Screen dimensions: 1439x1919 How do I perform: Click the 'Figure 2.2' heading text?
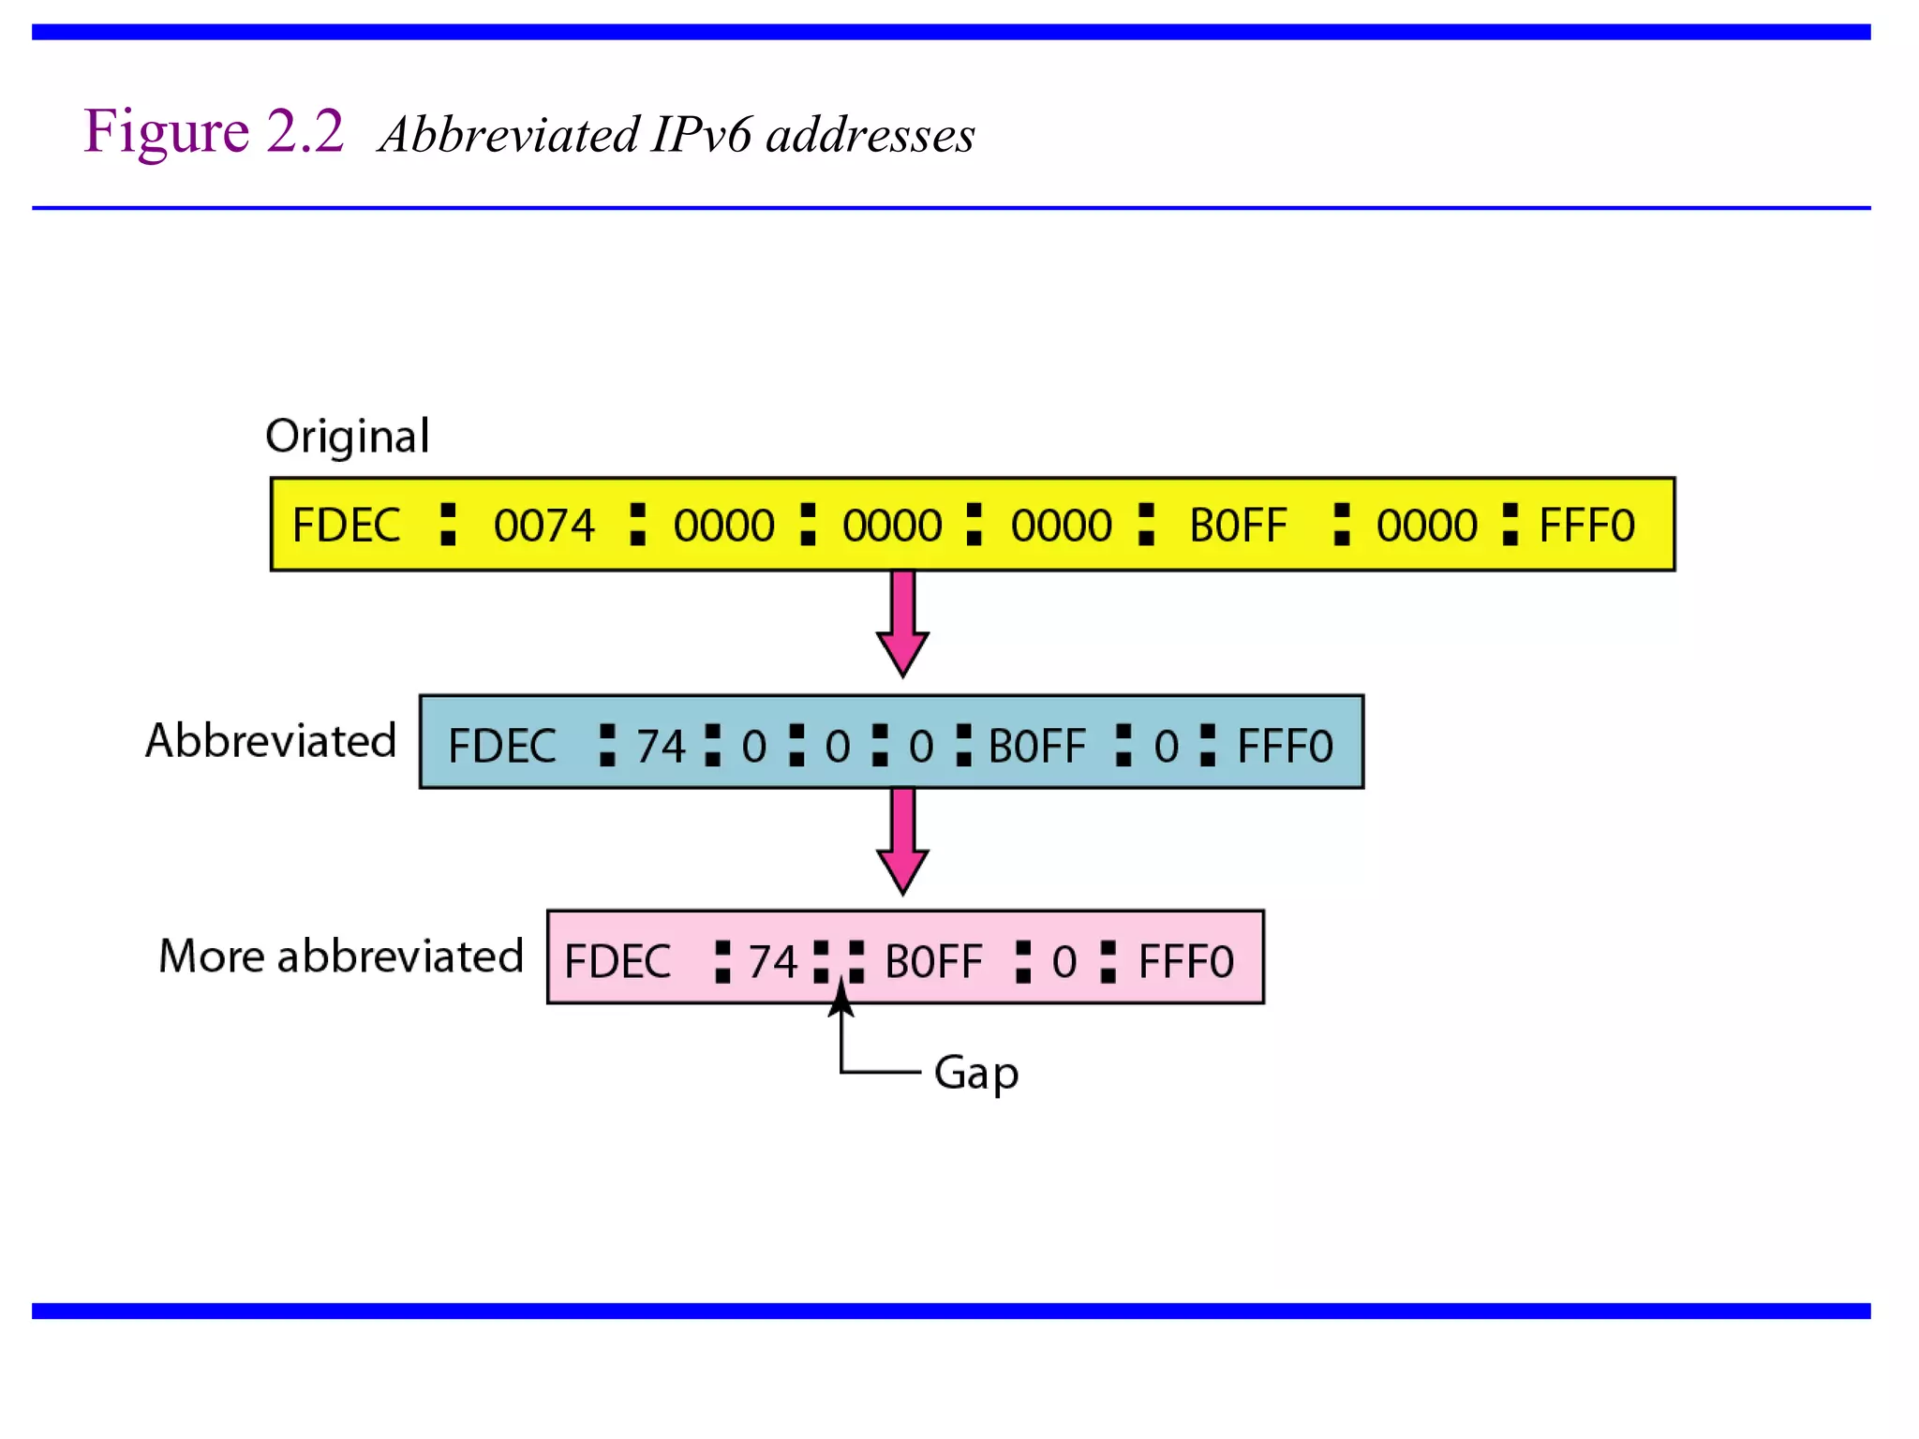[214, 131]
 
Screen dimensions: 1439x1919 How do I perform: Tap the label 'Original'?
[347, 437]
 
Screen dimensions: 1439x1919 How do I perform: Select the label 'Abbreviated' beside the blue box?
[271, 741]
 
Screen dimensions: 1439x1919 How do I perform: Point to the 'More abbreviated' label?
[340, 957]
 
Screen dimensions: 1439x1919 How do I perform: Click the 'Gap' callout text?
[975, 1072]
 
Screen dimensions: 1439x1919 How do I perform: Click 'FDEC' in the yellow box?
[346, 526]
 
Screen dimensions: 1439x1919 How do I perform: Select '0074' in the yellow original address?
[543, 526]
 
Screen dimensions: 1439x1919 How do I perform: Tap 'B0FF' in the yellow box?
[1238, 526]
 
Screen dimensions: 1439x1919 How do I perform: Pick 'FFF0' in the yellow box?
[1586, 526]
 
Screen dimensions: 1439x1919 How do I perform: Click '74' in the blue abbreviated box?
[661, 747]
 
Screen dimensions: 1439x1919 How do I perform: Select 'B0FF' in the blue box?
[1036, 747]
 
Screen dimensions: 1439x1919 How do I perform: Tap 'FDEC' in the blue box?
[502, 747]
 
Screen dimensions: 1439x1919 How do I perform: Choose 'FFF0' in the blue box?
[1285, 747]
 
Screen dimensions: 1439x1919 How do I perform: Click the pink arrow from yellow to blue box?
[902, 622]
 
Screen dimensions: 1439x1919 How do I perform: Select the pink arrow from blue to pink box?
[902, 839]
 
